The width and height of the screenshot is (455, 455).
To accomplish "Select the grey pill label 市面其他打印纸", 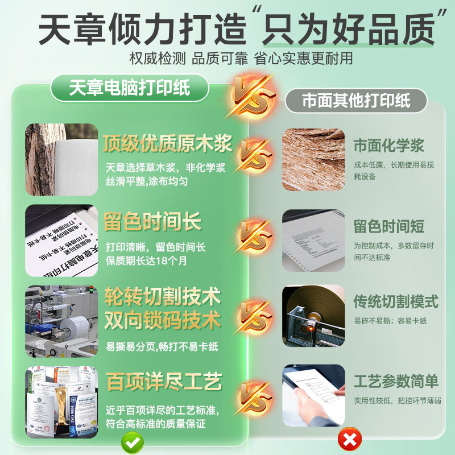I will (356, 101).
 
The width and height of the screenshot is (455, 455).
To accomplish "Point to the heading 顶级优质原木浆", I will (168, 144).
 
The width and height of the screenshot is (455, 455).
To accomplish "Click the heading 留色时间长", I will (152, 222).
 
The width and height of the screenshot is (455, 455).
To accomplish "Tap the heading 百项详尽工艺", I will (164, 382).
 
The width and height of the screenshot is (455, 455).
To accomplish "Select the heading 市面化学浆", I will (389, 145).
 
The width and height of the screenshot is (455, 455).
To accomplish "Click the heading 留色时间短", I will (389, 226).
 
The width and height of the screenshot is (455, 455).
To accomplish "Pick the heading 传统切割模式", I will (396, 301).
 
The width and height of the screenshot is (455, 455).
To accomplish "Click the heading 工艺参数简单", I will (396, 380).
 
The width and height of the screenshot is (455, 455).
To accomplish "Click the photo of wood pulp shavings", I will (313, 159).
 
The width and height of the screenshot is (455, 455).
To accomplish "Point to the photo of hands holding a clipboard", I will (313, 395).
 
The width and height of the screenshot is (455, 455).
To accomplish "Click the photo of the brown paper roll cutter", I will (313, 316).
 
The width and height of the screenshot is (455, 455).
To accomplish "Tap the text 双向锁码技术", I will (163, 321).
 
